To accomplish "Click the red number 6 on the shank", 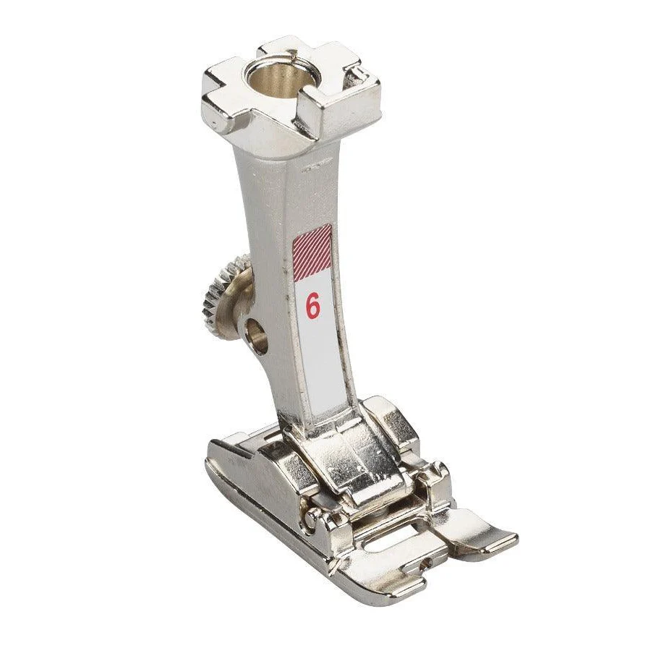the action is (x=313, y=305).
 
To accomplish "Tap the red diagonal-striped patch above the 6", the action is (x=312, y=252).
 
